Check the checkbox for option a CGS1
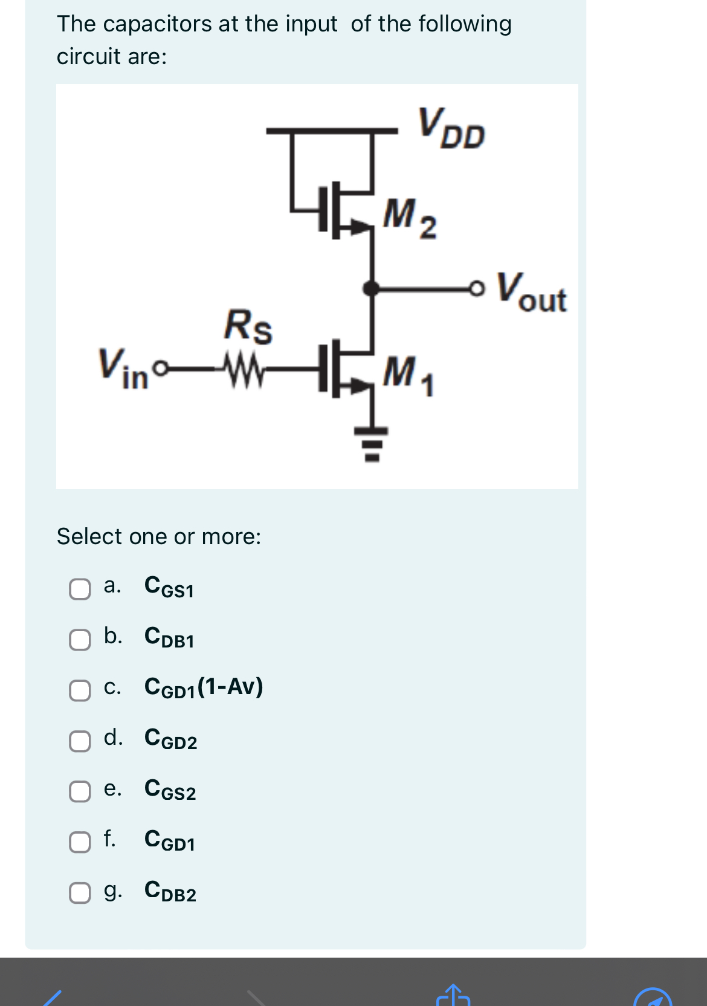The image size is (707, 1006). pyautogui.click(x=80, y=589)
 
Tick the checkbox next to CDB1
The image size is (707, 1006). pyautogui.click(x=80, y=640)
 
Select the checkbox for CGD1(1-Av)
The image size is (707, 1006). pyautogui.click(x=80, y=690)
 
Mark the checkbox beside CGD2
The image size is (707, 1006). pyautogui.click(x=80, y=741)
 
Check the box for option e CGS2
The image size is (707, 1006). pyautogui.click(x=80, y=791)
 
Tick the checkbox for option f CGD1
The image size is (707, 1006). pyautogui.click(x=80, y=842)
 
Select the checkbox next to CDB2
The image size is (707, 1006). pyautogui.click(x=80, y=893)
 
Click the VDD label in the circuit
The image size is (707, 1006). pyautogui.click(x=451, y=128)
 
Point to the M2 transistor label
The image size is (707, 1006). pyautogui.click(x=409, y=218)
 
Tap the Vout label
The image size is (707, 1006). pyautogui.click(x=531, y=293)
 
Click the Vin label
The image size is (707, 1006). pyautogui.click(x=123, y=368)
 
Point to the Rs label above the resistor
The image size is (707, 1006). pyautogui.click(x=248, y=326)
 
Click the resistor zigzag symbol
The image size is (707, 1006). pyautogui.click(x=243, y=367)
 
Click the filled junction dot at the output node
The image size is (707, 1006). pyautogui.click(x=372, y=288)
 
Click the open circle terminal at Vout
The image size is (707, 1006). pyautogui.click(x=477, y=289)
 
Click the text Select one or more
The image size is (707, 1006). pyautogui.click(x=158, y=536)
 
